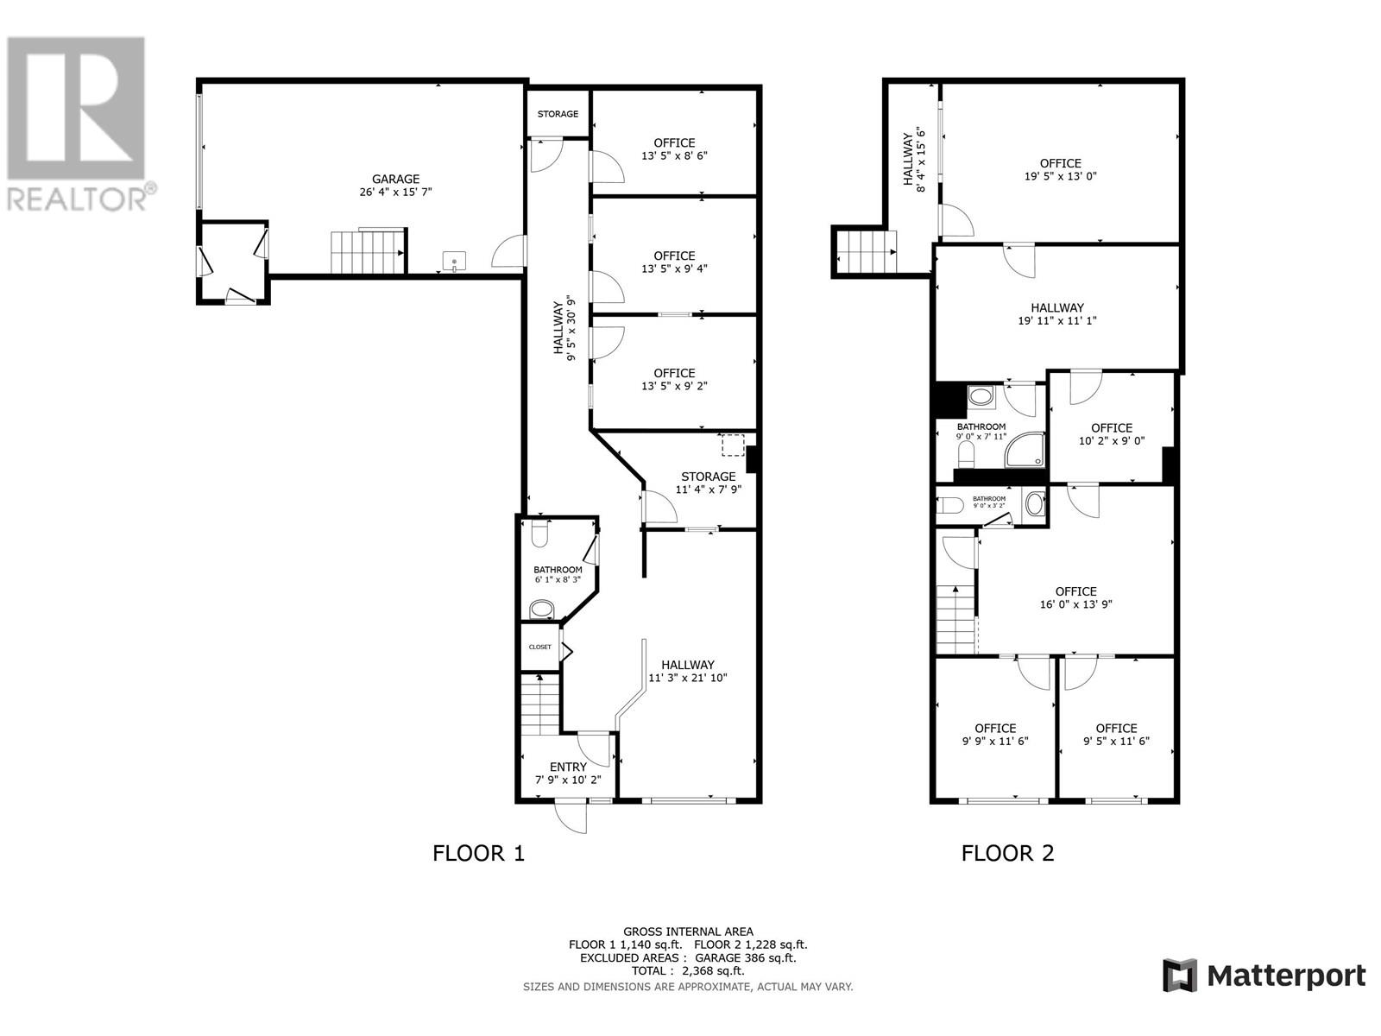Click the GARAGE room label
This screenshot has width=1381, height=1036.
[x=396, y=179]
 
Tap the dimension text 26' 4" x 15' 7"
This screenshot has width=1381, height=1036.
[x=396, y=192]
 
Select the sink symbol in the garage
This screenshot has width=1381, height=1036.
[x=455, y=260]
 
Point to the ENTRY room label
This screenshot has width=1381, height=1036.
[x=568, y=767]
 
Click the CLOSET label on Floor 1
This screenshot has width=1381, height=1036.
[x=539, y=647]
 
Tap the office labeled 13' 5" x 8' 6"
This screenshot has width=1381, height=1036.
[x=674, y=149]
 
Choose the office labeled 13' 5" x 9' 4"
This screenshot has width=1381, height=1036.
[x=674, y=262]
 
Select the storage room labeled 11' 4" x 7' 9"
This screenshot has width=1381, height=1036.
[x=708, y=483]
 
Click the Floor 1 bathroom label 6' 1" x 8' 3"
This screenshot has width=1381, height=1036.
[x=558, y=574]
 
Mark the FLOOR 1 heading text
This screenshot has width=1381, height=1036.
[x=478, y=854]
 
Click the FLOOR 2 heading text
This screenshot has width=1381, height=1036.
[x=1007, y=854]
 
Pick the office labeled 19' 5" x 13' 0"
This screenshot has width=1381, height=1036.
[x=1060, y=169]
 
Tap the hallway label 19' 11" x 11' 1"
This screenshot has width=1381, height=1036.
[x=1056, y=313]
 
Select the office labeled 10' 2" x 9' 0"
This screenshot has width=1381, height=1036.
[x=1111, y=433]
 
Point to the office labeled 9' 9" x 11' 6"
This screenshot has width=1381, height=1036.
[x=995, y=734]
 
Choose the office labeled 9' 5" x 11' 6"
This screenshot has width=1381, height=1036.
[x=1116, y=734]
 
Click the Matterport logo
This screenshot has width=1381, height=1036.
[x=1264, y=976]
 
